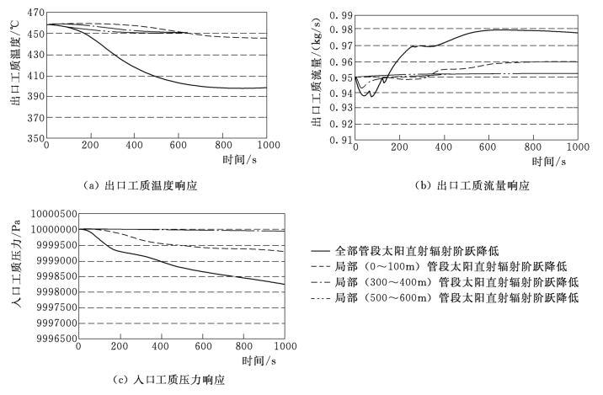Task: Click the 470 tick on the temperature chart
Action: pos(34,14)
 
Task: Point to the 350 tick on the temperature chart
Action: pos(34,138)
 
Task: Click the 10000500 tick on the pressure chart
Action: pos(45,213)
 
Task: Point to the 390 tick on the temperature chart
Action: pos(34,97)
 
